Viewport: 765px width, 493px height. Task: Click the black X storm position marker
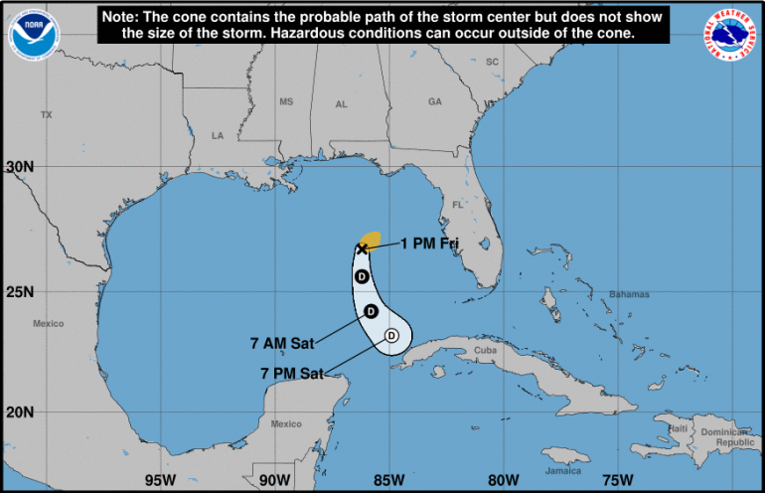click(362, 248)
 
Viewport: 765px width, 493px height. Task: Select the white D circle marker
click(392, 336)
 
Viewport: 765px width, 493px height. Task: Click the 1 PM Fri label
click(430, 243)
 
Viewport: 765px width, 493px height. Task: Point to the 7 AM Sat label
click(281, 344)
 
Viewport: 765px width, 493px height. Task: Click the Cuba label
click(485, 350)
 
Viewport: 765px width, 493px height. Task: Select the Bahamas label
click(629, 294)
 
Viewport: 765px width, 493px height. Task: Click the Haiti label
click(679, 427)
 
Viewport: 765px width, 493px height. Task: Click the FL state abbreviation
click(458, 205)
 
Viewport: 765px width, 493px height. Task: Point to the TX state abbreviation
click(45, 115)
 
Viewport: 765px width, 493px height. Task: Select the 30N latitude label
click(18, 166)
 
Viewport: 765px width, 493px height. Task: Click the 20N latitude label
click(18, 411)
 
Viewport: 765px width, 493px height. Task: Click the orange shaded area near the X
click(371, 239)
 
